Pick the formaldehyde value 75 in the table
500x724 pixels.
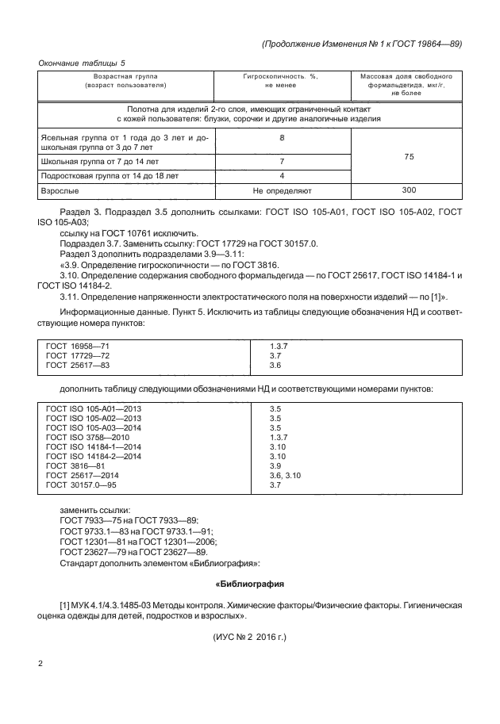pyautogui.click(x=409, y=157)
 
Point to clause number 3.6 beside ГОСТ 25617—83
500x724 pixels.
pyautogui.click(x=276, y=366)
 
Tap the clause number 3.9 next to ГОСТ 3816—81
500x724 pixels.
pyautogui.click(x=276, y=465)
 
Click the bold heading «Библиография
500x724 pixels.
pyautogui.click(x=250, y=584)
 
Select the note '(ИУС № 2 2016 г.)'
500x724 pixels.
pyautogui.click(x=250, y=637)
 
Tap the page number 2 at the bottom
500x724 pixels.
pyautogui.click(x=40, y=661)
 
